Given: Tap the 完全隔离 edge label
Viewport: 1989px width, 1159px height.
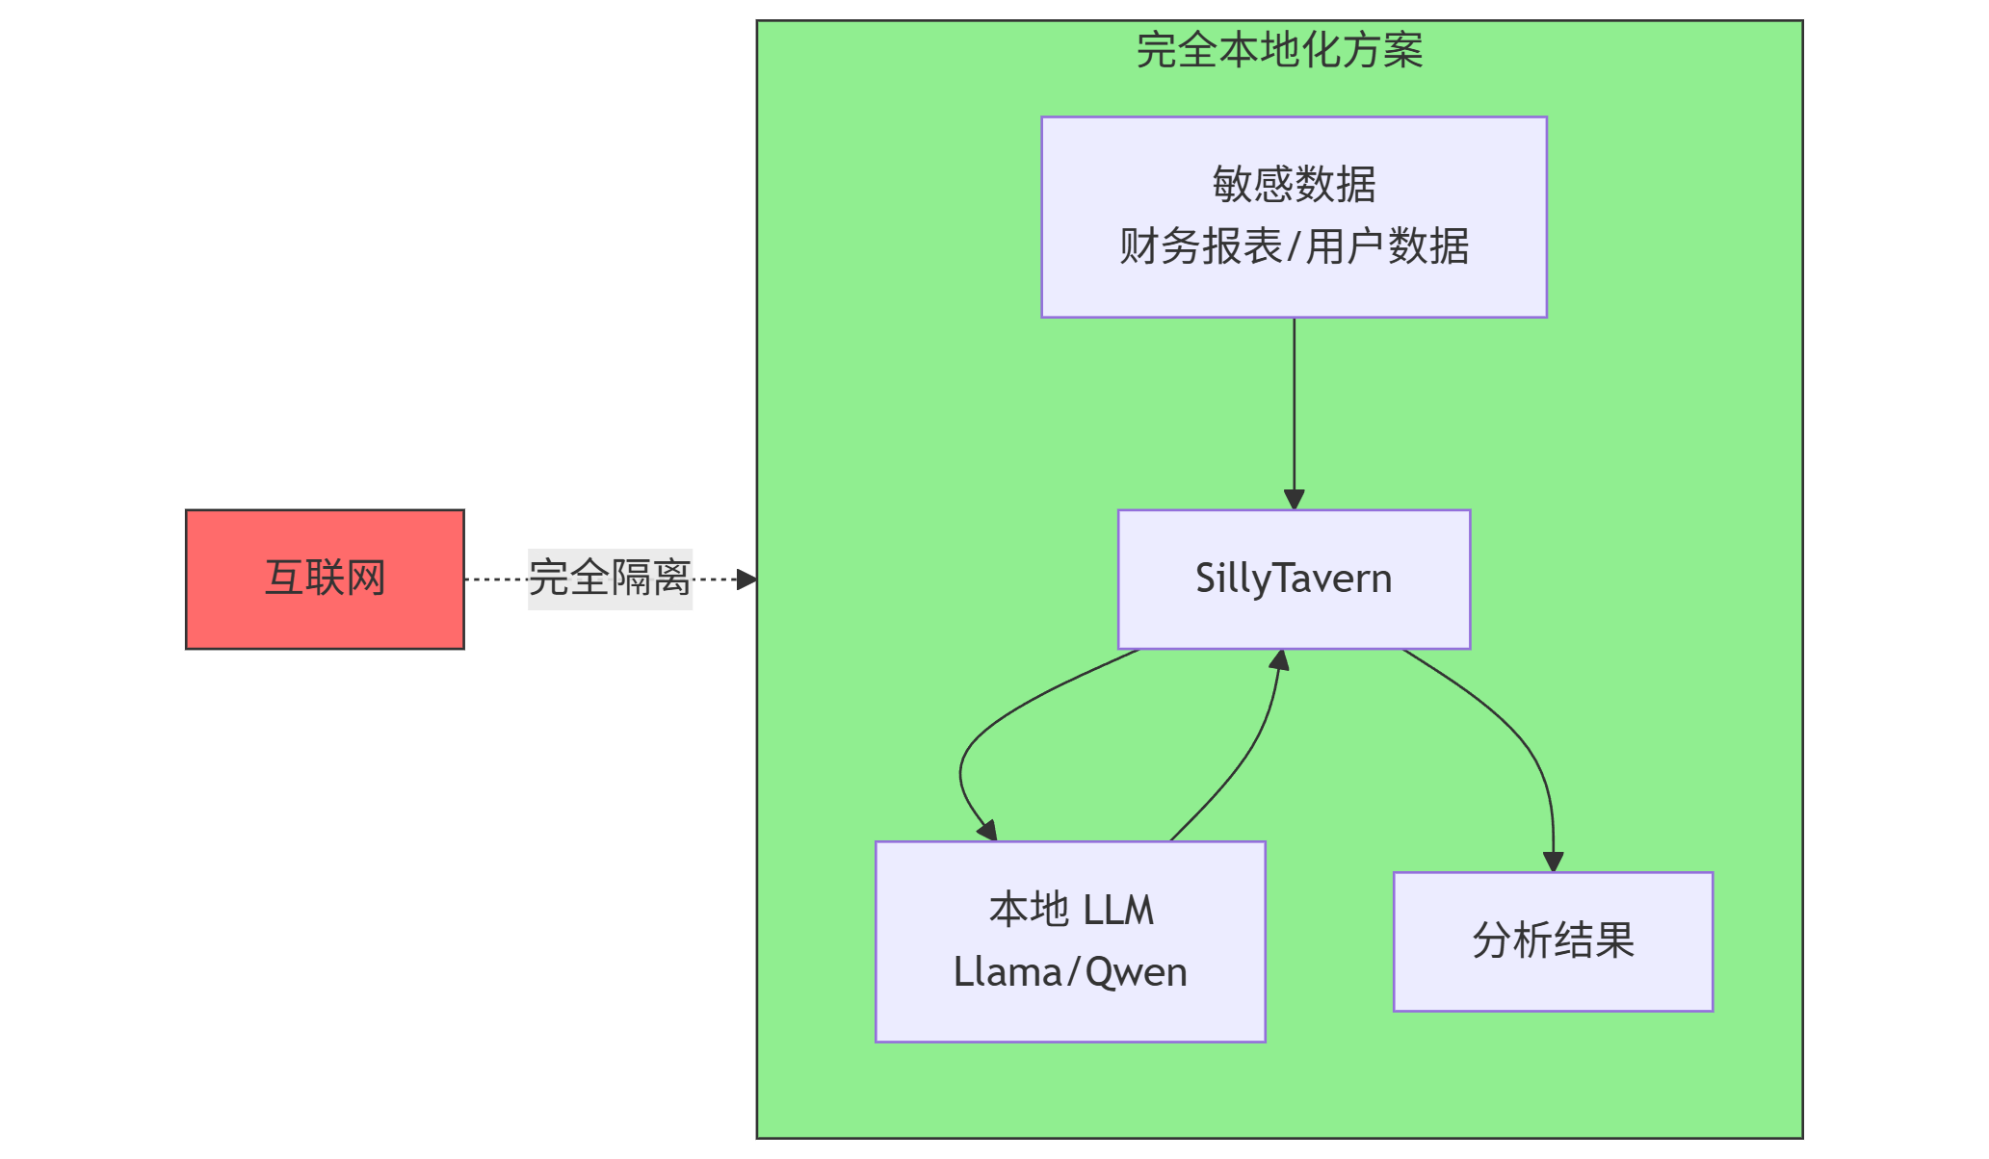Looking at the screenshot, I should (610, 579).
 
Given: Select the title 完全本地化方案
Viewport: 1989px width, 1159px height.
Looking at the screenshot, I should (1279, 50).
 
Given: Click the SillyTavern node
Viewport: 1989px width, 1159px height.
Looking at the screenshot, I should (1294, 579).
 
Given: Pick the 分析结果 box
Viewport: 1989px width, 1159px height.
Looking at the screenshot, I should (1553, 940).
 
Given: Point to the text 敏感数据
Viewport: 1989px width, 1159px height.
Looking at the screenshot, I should (1294, 184).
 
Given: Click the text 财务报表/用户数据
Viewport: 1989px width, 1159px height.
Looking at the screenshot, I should (1294, 246).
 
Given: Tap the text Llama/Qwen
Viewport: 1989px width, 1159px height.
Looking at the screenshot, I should (1070, 972).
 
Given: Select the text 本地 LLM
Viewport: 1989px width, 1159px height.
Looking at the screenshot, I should (1070, 910).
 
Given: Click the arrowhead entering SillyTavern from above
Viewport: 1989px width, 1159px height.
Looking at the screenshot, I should (1294, 500).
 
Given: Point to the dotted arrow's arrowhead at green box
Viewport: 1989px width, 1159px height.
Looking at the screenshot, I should (746, 579).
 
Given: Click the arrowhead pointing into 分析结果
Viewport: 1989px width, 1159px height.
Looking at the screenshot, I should (1553, 862).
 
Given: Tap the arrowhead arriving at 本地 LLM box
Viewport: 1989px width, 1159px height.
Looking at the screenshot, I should (987, 830).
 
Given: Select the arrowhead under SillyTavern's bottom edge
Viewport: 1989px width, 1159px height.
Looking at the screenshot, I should (1279, 661).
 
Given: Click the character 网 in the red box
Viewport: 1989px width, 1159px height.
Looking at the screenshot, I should (366, 579).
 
